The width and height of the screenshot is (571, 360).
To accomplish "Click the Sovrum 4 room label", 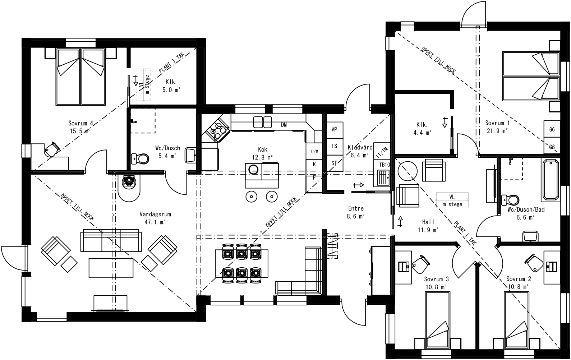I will [x=80, y=124].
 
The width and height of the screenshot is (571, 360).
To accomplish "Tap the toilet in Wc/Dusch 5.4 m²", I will [x=141, y=158].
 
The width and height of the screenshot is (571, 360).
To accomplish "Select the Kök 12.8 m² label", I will [x=262, y=150].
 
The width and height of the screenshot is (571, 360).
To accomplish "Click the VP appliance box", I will [x=334, y=129].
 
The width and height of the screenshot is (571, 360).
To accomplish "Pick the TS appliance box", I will [x=334, y=146].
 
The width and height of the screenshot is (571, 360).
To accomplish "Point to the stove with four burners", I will [x=217, y=130].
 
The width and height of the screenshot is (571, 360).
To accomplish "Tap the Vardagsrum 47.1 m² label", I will [x=155, y=214].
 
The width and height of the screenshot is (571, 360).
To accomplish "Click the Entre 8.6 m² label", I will [x=356, y=208].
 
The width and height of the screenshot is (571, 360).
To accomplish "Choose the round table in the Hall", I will [x=407, y=171].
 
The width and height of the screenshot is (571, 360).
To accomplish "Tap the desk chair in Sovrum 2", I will [x=535, y=263].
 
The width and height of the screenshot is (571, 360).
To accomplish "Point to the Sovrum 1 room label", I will [x=497, y=123].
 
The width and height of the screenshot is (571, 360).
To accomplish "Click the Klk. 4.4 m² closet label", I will [x=422, y=125].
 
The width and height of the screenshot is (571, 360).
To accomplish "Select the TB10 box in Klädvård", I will [x=384, y=165].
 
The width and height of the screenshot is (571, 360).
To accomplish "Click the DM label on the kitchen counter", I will [x=284, y=125].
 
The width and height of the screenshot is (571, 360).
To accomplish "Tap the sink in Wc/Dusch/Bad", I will [x=531, y=236].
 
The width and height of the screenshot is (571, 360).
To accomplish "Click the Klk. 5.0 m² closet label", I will [x=171, y=82].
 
